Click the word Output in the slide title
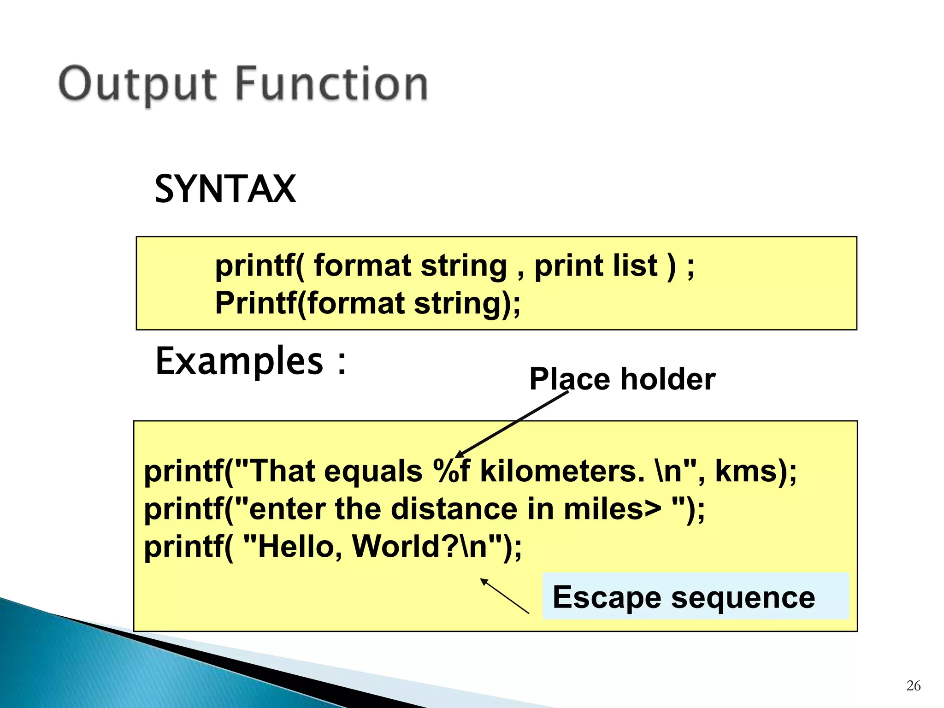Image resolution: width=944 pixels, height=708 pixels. point(137,84)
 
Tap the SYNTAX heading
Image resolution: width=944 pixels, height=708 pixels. point(225,189)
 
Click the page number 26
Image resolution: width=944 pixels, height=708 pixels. point(913,686)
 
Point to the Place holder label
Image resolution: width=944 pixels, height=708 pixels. point(622,379)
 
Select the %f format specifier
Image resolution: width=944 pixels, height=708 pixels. point(451,472)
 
